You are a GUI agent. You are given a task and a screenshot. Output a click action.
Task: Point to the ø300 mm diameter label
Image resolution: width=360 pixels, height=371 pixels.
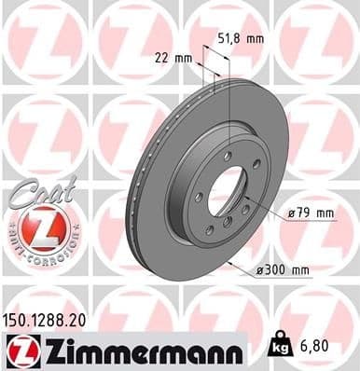[x=282, y=270]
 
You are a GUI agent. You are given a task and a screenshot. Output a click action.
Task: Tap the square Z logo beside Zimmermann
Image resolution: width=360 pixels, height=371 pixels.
[x=18, y=350]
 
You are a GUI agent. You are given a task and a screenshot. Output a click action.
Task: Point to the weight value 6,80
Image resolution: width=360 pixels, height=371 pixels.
[x=314, y=345]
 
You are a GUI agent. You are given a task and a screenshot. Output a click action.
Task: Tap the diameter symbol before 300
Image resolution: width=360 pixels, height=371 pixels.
[x=261, y=270]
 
